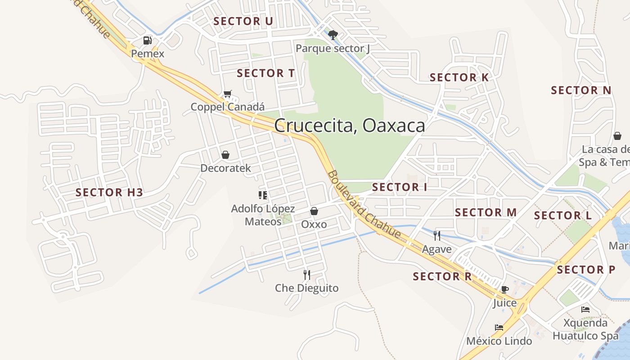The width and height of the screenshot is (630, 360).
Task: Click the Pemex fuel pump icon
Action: (x=147, y=40)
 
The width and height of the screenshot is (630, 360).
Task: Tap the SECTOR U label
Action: (x=243, y=21)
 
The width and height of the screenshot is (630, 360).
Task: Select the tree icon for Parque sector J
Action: (x=333, y=35)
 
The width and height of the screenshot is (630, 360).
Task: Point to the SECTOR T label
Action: (x=265, y=73)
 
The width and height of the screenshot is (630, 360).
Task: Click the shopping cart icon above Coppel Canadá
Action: (x=228, y=94)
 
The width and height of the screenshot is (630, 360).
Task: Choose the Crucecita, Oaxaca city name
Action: (x=349, y=126)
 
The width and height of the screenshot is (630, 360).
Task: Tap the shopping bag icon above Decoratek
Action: (x=225, y=155)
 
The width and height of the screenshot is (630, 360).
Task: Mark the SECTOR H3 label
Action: (x=109, y=193)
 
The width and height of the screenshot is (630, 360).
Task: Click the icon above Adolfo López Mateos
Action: (x=263, y=195)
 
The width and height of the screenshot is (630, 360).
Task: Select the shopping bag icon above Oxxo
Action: (x=314, y=211)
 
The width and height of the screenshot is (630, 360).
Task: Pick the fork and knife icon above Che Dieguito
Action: (x=307, y=274)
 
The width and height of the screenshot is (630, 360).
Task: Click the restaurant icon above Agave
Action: (x=436, y=235)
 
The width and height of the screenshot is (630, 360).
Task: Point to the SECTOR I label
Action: (x=399, y=187)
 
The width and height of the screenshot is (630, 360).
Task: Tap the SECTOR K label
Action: (x=459, y=77)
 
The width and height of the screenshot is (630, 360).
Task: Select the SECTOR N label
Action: (x=581, y=90)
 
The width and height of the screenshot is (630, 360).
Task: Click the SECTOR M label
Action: (x=486, y=212)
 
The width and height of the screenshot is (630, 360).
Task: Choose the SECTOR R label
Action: (x=442, y=276)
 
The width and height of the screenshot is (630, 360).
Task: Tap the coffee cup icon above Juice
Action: (x=504, y=289)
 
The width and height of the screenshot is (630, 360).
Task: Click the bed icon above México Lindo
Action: (x=499, y=327)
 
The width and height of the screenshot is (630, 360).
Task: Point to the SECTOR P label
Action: (x=586, y=270)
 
